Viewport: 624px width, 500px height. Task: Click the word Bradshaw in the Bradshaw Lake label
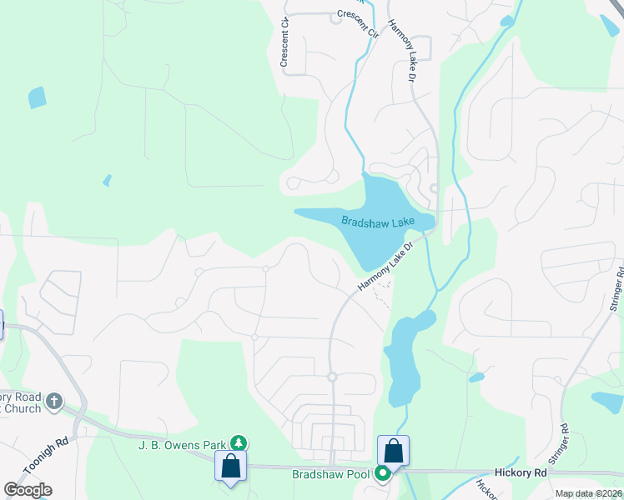(x=365, y=221)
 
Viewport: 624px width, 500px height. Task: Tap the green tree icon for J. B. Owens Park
(x=239, y=442)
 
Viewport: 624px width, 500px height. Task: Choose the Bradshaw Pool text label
(x=330, y=474)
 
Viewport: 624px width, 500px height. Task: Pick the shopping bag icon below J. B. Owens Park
(x=229, y=465)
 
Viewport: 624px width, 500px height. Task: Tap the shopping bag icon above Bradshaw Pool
(x=394, y=451)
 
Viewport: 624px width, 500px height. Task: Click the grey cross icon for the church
(x=54, y=402)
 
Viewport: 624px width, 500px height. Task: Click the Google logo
(x=28, y=489)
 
